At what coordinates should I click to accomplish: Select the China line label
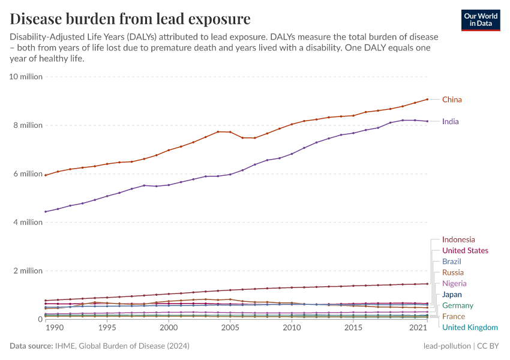click(x=452, y=100)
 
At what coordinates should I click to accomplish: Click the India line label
click(x=450, y=122)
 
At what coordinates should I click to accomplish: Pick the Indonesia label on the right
click(x=458, y=240)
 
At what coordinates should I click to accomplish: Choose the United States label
click(x=465, y=251)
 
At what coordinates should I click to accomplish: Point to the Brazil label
click(x=451, y=262)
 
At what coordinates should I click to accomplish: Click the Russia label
click(x=452, y=272)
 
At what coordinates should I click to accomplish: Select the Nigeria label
click(x=454, y=283)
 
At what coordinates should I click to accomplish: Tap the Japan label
click(x=452, y=295)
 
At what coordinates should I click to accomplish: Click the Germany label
click(x=458, y=305)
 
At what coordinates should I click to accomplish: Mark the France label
click(x=453, y=316)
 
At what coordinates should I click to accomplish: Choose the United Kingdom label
click(x=470, y=327)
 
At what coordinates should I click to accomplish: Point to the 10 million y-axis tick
click(x=26, y=77)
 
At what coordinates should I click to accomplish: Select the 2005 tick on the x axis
click(x=230, y=328)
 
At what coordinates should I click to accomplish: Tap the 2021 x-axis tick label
click(x=419, y=328)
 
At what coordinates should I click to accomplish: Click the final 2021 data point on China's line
click(x=427, y=99)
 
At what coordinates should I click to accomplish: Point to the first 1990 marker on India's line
click(x=46, y=212)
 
